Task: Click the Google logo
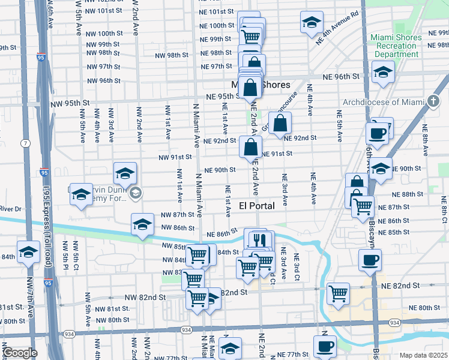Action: point(19,353)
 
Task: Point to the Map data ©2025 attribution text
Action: point(423,355)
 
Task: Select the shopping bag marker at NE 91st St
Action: point(250,147)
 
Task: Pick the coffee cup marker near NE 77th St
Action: point(325,346)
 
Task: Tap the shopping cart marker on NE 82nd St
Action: point(339,293)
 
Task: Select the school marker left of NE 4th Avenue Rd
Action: point(311,23)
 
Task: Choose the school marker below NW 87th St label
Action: point(142,224)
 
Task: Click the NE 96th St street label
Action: point(340,76)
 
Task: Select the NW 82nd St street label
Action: point(145,297)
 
